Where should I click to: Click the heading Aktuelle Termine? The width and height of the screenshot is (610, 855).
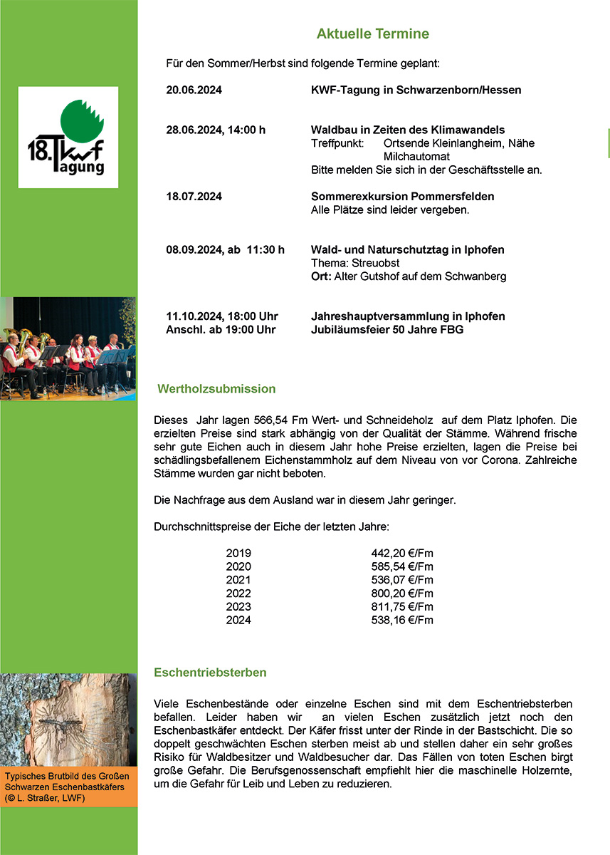(372, 34)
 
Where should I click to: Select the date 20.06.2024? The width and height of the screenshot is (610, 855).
(194, 90)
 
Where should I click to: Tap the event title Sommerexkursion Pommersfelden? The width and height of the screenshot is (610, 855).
(402, 196)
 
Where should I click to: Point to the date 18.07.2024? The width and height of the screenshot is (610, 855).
(194, 196)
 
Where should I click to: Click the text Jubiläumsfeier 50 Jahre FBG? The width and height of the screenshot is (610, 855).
(387, 329)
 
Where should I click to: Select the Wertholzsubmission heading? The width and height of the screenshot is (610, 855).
(216, 390)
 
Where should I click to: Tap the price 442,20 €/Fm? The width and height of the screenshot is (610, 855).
(401, 553)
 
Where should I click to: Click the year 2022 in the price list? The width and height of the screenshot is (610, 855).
(238, 594)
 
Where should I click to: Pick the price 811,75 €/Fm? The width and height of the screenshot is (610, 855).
(401, 607)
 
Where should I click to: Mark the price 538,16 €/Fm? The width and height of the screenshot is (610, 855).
(401, 621)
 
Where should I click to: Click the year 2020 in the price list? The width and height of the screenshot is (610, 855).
(238, 566)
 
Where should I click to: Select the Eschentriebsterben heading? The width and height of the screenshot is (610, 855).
(210, 673)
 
